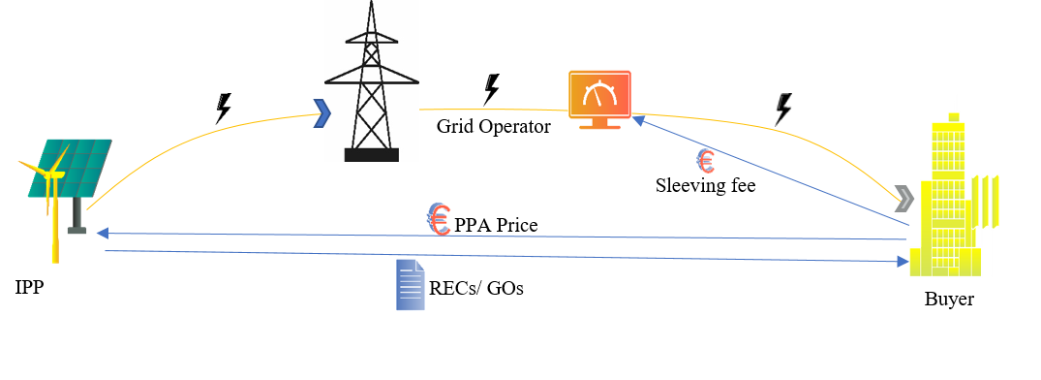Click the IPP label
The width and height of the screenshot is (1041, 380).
coord(28,288)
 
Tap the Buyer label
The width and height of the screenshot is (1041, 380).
coord(949,300)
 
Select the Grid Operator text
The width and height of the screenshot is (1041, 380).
coord(493,126)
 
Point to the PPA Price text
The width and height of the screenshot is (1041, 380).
coord(496,226)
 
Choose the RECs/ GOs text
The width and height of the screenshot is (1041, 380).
coord(475,288)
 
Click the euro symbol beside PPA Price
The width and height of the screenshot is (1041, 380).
coord(440,220)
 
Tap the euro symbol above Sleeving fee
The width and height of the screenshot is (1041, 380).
coord(705,160)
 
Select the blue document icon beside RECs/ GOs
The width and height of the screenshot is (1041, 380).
coord(410,285)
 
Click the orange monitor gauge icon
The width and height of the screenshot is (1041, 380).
coord(599,95)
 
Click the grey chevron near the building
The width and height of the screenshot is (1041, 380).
coord(904,199)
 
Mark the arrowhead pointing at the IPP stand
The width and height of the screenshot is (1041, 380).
coord(101,233)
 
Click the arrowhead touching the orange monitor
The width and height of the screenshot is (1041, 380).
coord(637,119)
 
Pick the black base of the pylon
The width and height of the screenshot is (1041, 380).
coord(372,154)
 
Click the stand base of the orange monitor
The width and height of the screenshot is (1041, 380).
coord(599,125)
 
